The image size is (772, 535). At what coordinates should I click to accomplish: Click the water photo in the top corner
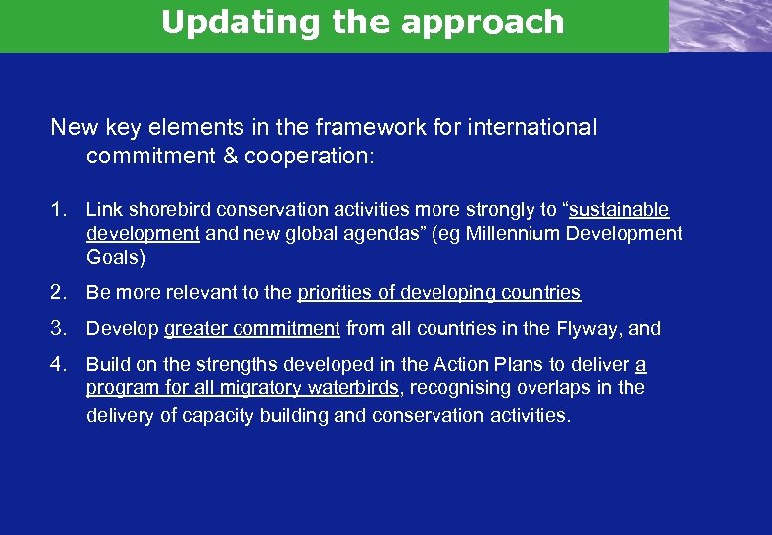pos(720,25)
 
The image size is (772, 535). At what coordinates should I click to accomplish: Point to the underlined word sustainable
pos(619,210)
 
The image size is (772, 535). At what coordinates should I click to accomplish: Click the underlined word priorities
pos(336,293)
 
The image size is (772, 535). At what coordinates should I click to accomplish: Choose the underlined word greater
pos(196,329)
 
